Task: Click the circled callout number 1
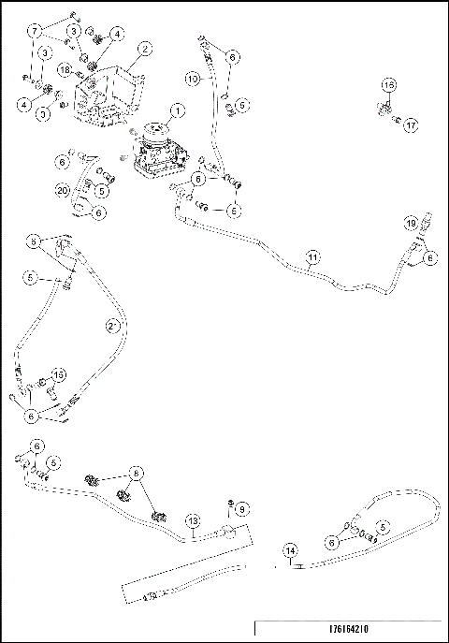tap(177, 110)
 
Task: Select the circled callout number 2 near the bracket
tap(145, 48)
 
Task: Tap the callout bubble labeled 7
tap(36, 31)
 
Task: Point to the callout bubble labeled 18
tap(65, 69)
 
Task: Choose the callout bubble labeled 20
tap(62, 190)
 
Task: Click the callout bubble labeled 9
tap(240, 508)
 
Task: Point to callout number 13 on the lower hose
tap(192, 519)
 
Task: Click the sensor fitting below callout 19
tap(414, 245)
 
